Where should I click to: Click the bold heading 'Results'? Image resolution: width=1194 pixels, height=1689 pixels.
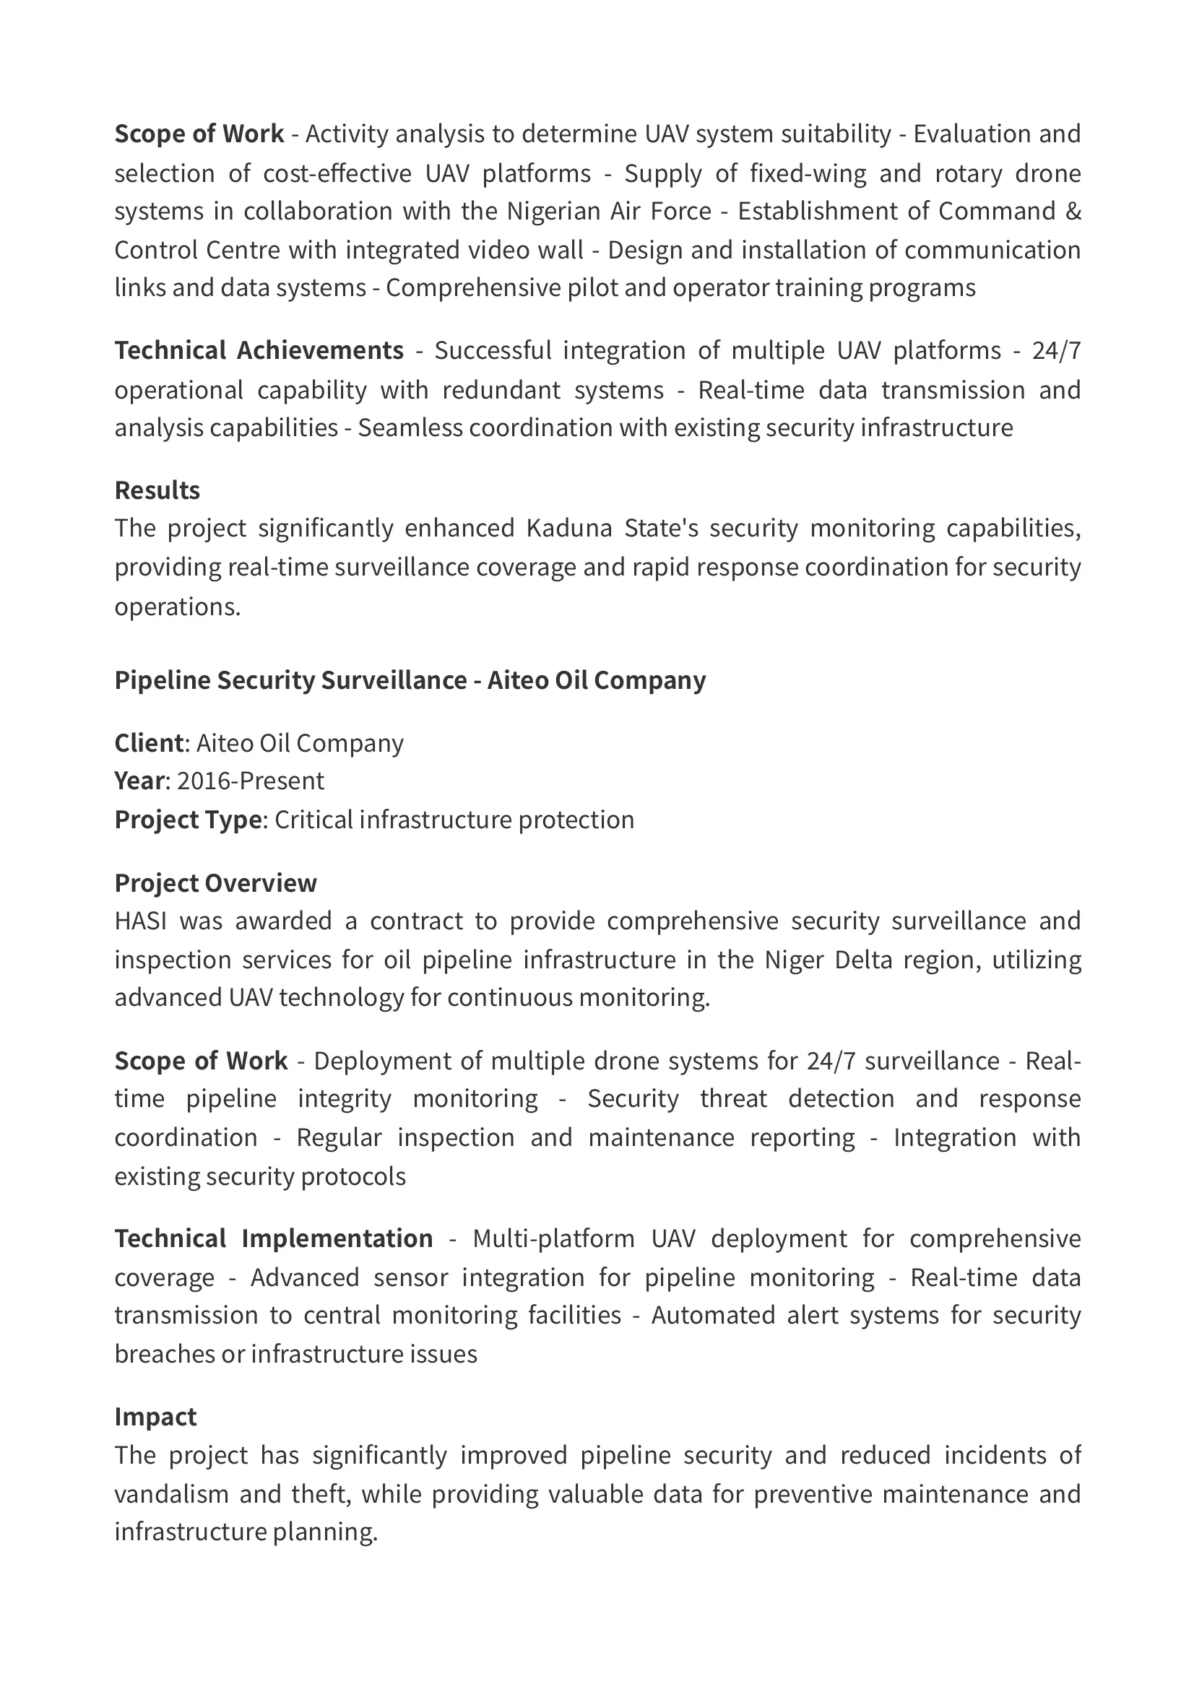coord(157,490)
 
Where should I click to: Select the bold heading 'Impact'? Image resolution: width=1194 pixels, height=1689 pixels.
coord(155,1417)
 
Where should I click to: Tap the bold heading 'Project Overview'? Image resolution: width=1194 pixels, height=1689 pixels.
coord(215,882)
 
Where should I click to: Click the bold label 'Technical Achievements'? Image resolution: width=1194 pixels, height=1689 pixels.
coord(259,350)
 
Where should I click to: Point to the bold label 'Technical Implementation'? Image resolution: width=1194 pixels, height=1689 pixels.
coord(274,1238)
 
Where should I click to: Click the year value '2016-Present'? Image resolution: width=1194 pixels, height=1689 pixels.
coord(250,781)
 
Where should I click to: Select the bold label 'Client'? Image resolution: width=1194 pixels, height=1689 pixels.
coord(149,743)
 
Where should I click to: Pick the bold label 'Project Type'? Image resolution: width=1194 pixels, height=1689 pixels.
coord(189,820)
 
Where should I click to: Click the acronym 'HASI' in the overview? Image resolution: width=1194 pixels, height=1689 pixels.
coord(141,921)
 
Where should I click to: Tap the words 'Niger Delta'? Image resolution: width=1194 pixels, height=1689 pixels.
coord(827,960)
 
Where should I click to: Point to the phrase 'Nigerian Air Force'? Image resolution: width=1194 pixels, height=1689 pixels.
coord(609,211)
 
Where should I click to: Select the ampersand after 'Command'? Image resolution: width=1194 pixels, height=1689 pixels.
coord(1073,211)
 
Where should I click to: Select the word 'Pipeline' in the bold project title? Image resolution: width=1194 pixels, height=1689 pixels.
coord(162,680)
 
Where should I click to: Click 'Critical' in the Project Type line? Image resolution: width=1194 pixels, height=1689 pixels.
coord(313,820)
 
